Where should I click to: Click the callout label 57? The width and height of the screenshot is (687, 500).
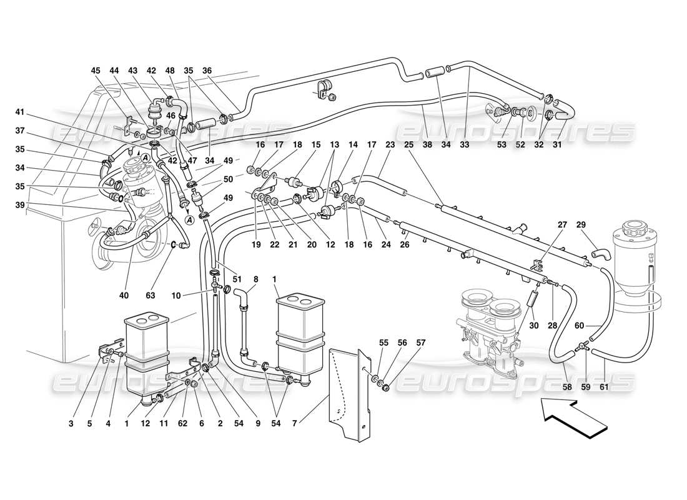(421, 343)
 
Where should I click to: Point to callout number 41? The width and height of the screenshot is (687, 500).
(20, 112)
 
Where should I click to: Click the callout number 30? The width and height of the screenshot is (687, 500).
(534, 326)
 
